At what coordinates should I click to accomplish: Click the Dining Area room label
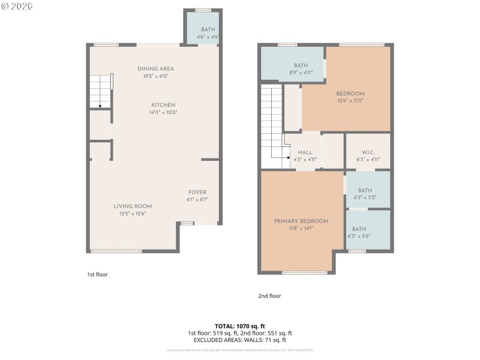click(155, 69)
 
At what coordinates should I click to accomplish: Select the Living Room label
click(133, 206)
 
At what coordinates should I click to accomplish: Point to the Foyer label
click(197, 193)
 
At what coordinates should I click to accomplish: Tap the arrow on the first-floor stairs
click(100, 105)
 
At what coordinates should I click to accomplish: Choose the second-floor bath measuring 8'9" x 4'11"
click(301, 65)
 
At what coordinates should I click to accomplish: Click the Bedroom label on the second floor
click(350, 94)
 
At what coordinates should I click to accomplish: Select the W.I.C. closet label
click(368, 152)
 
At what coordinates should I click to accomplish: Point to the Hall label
click(305, 152)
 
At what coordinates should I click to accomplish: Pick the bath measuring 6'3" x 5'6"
click(359, 229)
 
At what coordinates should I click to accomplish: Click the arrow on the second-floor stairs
click(289, 158)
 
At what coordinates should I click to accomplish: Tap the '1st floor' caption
click(97, 274)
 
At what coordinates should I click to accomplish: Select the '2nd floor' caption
click(269, 296)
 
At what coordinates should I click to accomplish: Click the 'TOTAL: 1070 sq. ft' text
click(239, 326)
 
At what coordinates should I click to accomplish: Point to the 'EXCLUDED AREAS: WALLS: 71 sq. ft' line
click(239, 340)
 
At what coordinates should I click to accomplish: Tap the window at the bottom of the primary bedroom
click(305, 272)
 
